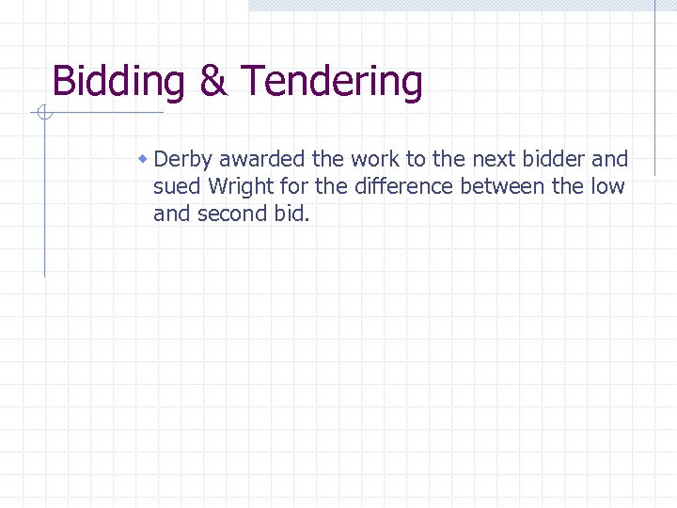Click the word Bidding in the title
(x=118, y=83)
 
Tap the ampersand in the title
(x=213, y=83)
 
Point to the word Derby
(x=183, y=159)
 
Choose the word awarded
(x=255, y=159)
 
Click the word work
(x=375, y=159)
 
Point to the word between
(x=502, y=186)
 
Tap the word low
(x=607, y=186)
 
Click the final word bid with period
(x=291, y=214)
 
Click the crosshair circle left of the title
(x=43, y=114)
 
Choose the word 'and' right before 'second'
(x=171, y=214)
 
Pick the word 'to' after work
(x=416, y=159)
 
